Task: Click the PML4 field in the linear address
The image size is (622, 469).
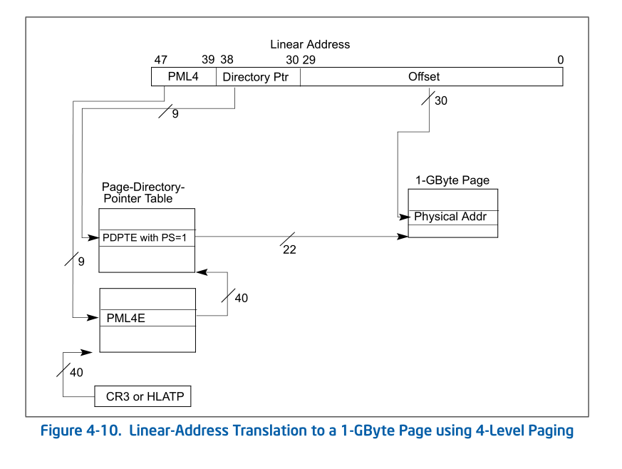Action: (183, 77)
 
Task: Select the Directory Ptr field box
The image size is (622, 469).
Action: (257, 77)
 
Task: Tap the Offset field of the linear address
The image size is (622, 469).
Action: (424, 77)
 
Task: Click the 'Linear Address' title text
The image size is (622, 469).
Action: (310, 44)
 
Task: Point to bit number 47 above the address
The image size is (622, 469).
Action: (160, 60)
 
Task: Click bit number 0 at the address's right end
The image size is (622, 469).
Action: (560, 60)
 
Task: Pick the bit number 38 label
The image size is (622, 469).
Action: (227, 60)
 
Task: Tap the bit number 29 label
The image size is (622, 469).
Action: (309, 60)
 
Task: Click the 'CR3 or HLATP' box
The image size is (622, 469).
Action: (143, 397)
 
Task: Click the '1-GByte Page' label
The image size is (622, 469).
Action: (452, 180)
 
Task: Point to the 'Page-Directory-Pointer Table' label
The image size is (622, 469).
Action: (143, 192)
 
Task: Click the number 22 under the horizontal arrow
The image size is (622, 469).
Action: (289, 251)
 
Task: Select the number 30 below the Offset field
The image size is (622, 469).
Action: (441, 101)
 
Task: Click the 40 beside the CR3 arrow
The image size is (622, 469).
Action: (76, 372)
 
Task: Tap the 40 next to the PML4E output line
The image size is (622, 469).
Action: (241, 298)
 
